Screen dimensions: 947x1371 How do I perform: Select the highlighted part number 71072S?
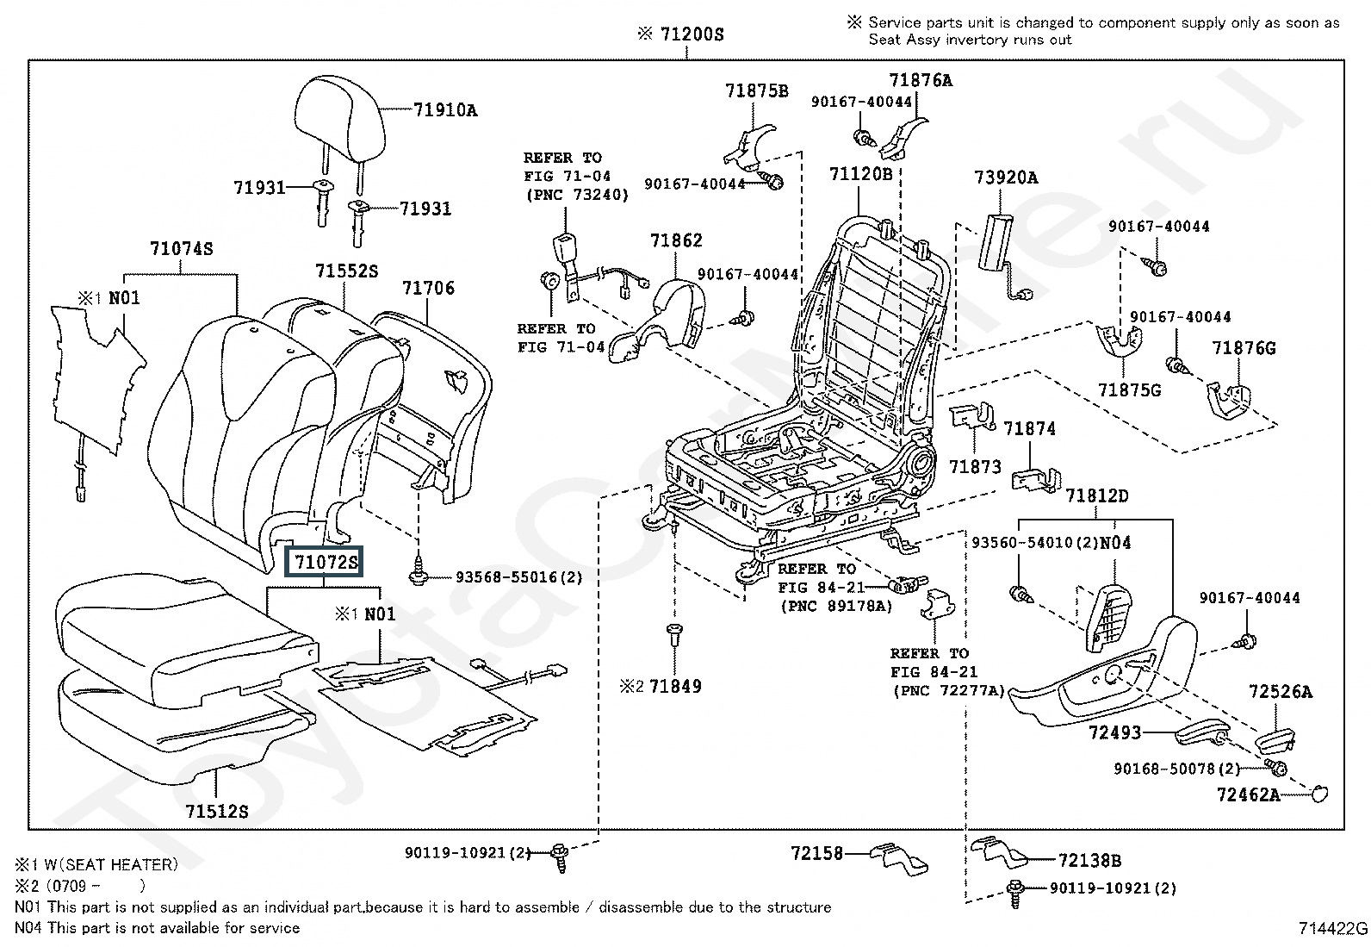325,563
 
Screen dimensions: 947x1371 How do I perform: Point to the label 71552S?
346,271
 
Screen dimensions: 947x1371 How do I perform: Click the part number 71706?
428,289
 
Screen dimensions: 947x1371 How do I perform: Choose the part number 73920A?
1006,178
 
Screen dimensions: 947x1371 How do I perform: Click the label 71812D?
1096,496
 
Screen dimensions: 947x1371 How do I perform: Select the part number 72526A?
1281,692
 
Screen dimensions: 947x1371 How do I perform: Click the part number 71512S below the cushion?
216,811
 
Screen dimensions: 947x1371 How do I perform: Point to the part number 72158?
816,854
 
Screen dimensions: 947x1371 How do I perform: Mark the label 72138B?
1089,860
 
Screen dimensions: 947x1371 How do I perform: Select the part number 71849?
675,687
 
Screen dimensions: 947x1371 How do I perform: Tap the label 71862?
676,241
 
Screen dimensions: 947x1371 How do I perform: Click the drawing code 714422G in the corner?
1333,928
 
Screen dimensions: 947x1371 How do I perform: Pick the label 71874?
1029,429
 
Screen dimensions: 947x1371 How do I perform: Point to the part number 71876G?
1244,348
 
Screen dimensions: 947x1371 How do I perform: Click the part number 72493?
1114,732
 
